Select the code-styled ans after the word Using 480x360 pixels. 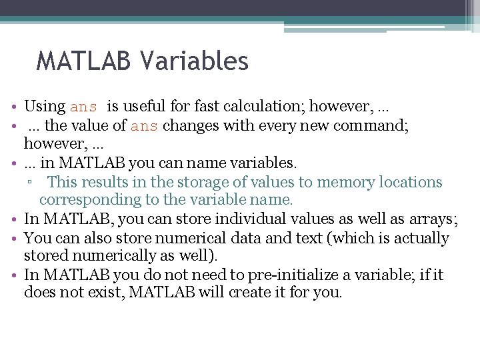click(83, 107)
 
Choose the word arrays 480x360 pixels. click(434, 218)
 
